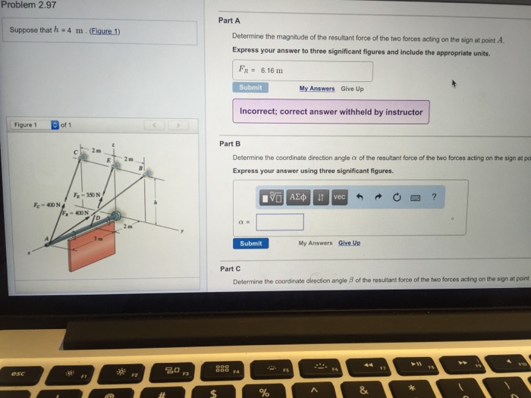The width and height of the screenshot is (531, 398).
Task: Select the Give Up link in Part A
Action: tap(352, 88)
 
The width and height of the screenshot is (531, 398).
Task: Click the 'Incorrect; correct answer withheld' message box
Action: tap(331, 111)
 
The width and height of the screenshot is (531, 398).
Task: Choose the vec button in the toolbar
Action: tap(339, 197)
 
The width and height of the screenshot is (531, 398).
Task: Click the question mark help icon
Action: tap(434, 197)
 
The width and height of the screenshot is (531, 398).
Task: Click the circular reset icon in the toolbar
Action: tap(396, 197)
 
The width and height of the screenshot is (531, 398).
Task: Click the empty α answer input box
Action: tap(280, 222)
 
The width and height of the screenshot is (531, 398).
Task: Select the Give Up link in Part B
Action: tap(350, 243)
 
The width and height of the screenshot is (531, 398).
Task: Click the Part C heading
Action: tap(230, 268)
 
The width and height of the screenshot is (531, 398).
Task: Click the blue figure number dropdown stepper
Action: tap(55, 125)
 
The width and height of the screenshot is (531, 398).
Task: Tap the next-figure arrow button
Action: tap(179, 125)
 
